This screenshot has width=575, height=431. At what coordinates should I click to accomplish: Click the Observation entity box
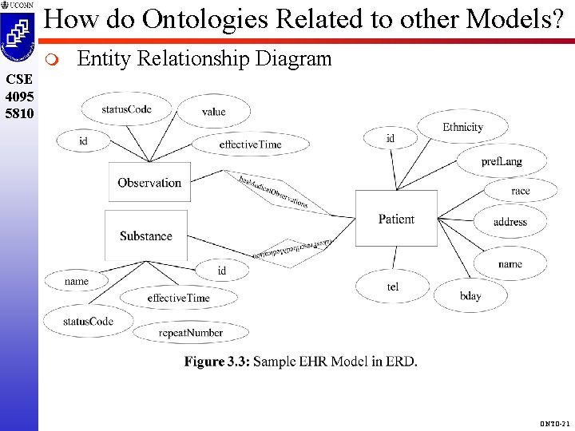click(149, 182)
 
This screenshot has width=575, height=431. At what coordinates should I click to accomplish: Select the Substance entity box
click(146, 235)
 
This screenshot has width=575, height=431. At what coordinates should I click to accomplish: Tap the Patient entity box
click(396, 219)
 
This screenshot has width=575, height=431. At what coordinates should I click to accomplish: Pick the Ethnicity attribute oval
click(462, 127)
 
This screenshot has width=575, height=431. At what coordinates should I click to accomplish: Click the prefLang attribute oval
click(502, 161)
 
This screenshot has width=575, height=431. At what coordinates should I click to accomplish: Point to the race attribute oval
click(520, 192)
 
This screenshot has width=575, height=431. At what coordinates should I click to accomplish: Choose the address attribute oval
click(510, 222)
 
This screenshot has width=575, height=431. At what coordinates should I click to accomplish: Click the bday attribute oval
click(470, 296)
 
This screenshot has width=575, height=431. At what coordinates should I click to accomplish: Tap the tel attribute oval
click(393, 287)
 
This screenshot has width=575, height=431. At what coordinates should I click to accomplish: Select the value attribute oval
click(213, 112)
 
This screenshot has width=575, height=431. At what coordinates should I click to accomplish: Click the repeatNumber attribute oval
click(190, 332)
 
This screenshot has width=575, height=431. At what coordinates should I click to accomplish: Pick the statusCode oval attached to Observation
click(127, 109)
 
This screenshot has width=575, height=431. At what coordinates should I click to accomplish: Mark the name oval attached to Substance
click(77, 281)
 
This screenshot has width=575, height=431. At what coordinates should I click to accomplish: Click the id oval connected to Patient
click(390, 138)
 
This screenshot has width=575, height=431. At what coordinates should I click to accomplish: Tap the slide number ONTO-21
click(552, 421)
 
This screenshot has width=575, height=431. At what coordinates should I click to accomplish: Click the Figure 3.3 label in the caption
click(216, 362)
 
